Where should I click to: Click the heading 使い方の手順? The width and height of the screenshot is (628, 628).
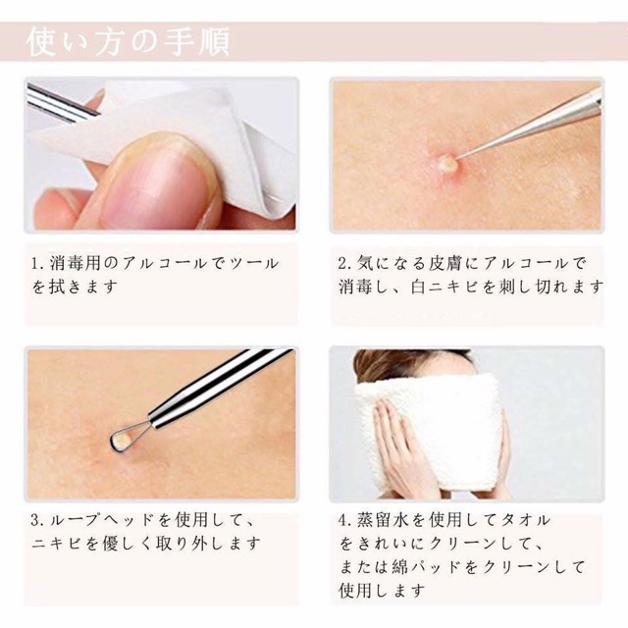coord(128,41)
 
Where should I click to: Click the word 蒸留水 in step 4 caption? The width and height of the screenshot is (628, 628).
coord(381,520)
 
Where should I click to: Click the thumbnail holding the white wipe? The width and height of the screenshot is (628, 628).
coord(161,154)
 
